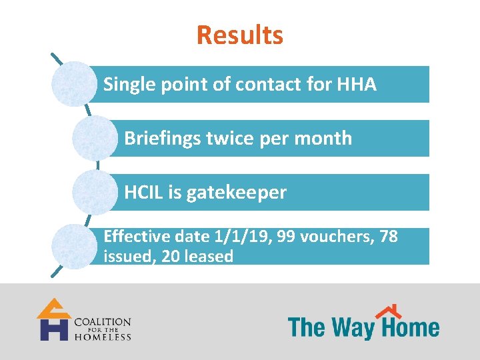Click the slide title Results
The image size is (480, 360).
240,35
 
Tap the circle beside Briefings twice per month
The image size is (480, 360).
94,138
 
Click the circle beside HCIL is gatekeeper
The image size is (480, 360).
94,192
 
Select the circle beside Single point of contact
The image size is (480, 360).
73,84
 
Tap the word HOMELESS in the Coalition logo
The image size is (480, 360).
102,337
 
